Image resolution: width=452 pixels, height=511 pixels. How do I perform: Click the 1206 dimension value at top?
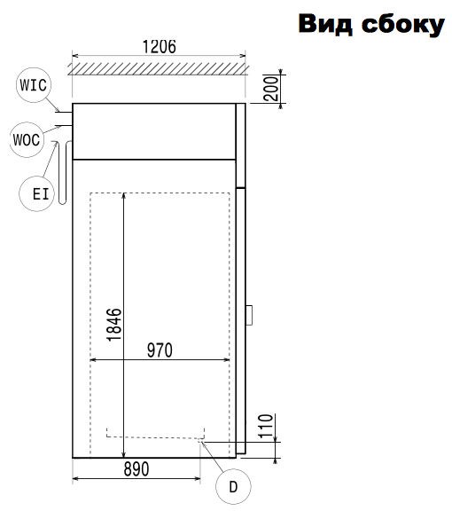[160, 47]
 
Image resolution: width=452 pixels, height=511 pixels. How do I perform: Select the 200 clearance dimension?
[271, 88]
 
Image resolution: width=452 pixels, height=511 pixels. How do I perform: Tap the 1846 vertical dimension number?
[114, 325]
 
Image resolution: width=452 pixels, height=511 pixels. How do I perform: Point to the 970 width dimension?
[160, 350]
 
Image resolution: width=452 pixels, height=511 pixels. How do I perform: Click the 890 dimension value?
[136, 469]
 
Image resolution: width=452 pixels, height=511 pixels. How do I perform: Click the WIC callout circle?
[33, 85]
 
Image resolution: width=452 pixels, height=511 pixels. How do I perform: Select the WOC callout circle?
[27, 140]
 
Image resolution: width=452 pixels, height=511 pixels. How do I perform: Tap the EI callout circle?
[36, 193]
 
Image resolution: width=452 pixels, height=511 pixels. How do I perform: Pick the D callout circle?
[233, 486]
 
